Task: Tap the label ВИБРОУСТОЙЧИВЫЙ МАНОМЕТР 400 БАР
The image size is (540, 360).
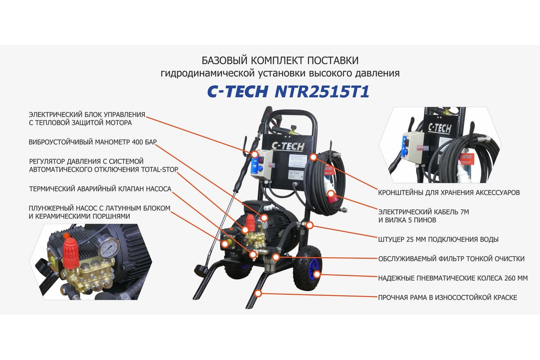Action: (x=93, y=142)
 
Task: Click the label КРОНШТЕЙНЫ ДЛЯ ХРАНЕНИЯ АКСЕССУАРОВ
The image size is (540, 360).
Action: (x=458, y=192)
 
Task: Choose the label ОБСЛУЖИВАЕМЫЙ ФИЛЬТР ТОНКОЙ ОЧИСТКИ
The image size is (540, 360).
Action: (x=451, y=259)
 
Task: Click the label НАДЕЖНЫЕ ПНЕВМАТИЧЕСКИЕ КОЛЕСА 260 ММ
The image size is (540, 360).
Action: (x=453, y=278)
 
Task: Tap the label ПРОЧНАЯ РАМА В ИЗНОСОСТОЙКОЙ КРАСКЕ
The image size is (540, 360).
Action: (x=448, y=297)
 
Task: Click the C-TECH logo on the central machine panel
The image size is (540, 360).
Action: (x=287, y=146)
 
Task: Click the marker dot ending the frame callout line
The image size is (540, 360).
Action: (x=259, y=294)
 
